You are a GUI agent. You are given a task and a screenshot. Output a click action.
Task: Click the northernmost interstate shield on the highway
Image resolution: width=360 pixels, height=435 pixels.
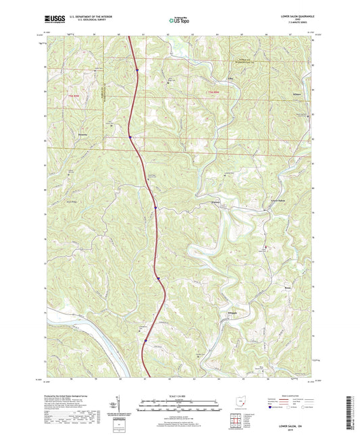pyautogui.click(x=136, y=69)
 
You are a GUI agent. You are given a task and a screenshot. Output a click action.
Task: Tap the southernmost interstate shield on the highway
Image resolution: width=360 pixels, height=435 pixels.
pyautogui.click(x=145, y=340)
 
